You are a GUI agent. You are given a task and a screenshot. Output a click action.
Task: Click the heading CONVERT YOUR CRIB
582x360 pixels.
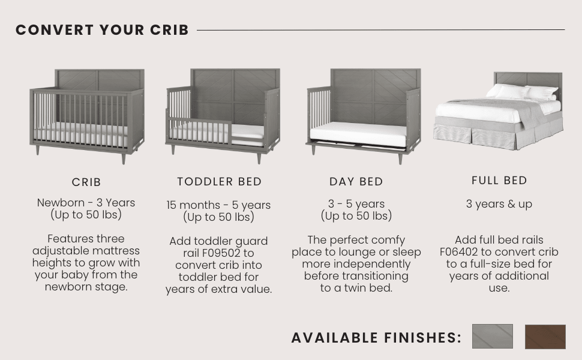[102, 30]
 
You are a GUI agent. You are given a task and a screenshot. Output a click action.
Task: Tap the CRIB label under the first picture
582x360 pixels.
[86, 182]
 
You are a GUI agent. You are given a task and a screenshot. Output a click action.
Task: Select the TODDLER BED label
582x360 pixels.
[220, 181]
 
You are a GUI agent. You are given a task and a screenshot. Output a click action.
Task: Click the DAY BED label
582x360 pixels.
[356, 182]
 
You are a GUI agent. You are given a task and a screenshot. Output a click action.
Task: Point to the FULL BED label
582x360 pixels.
[499, 180]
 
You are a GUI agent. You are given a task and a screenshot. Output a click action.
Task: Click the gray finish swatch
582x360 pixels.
[492, 337]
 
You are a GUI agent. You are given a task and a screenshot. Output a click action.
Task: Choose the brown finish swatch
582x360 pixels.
[545, 337]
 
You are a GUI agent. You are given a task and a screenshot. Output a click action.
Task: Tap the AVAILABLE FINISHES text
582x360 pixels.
[376, 338]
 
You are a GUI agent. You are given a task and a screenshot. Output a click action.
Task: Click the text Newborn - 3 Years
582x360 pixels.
[86, 203]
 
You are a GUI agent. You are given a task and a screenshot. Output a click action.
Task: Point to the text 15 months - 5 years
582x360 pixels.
[218, 205]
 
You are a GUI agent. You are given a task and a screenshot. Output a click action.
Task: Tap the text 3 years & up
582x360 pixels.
[499, 204]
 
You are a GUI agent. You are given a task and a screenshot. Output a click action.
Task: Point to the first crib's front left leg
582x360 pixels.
[37, 149]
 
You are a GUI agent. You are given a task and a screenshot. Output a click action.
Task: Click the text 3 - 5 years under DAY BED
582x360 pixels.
[356, 204]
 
